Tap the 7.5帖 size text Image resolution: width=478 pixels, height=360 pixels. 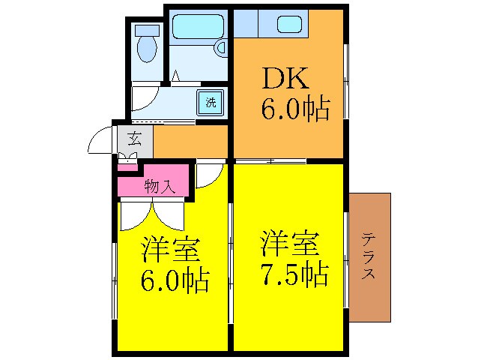click(x=294, y=276)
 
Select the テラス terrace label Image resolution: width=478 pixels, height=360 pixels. click(x=369, y=256)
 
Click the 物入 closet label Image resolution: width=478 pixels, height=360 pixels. click(x=160, y=186)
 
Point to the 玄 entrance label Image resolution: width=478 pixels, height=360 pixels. click(x=135, y=139)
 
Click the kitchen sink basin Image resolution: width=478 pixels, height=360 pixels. click(x=289, y=24)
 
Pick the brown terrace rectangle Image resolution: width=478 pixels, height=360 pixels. click(x=369, y=225)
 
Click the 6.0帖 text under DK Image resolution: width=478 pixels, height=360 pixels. click(x=294, y=110)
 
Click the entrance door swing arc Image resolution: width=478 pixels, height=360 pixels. click(x=100, y=139)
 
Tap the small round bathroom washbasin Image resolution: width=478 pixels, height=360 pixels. click(x=221, y=47)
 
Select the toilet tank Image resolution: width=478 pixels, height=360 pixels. click(x=146, y=31)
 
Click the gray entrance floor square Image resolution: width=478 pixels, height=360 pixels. click(x=136, y=140)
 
